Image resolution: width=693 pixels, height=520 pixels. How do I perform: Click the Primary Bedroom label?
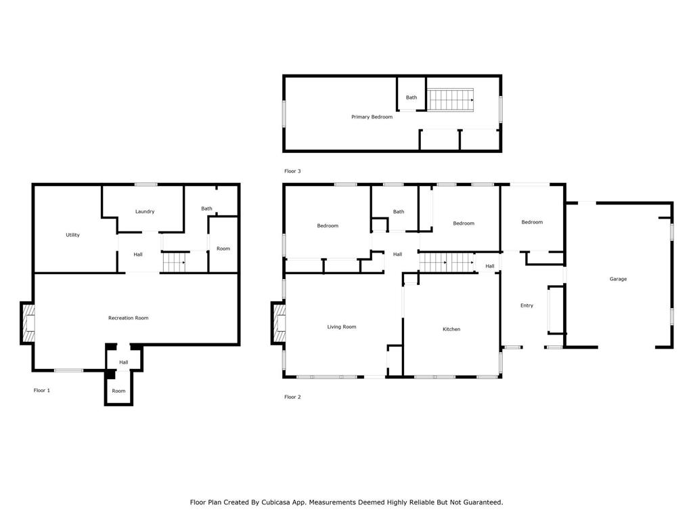[372, 117]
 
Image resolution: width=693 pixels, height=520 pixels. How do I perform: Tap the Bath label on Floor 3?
[411, 97]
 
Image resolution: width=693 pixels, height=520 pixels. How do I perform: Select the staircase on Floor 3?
[451, 100]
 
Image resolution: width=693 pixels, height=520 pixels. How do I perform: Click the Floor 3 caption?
[292, 171]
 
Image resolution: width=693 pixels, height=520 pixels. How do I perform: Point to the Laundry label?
[145, 211]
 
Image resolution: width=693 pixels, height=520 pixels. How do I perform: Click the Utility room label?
[72, 235]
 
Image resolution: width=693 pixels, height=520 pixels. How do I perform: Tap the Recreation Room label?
[128, 318]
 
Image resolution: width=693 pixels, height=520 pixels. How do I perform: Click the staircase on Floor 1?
[174, 262]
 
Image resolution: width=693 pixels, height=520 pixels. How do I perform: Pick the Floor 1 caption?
[42, 391]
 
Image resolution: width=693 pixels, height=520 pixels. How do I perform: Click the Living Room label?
[342, 327]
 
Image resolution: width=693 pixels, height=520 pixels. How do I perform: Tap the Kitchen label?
[451, 329]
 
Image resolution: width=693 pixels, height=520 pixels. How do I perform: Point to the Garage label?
[618, 279]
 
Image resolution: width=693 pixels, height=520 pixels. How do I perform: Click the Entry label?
[527, 305]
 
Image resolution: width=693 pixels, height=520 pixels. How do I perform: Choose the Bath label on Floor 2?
[399, 212]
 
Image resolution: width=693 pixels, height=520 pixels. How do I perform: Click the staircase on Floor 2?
[447, 262]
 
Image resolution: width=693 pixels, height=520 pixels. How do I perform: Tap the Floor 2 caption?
[292, 397]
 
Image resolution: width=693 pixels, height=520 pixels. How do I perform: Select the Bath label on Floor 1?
[206, 209]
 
